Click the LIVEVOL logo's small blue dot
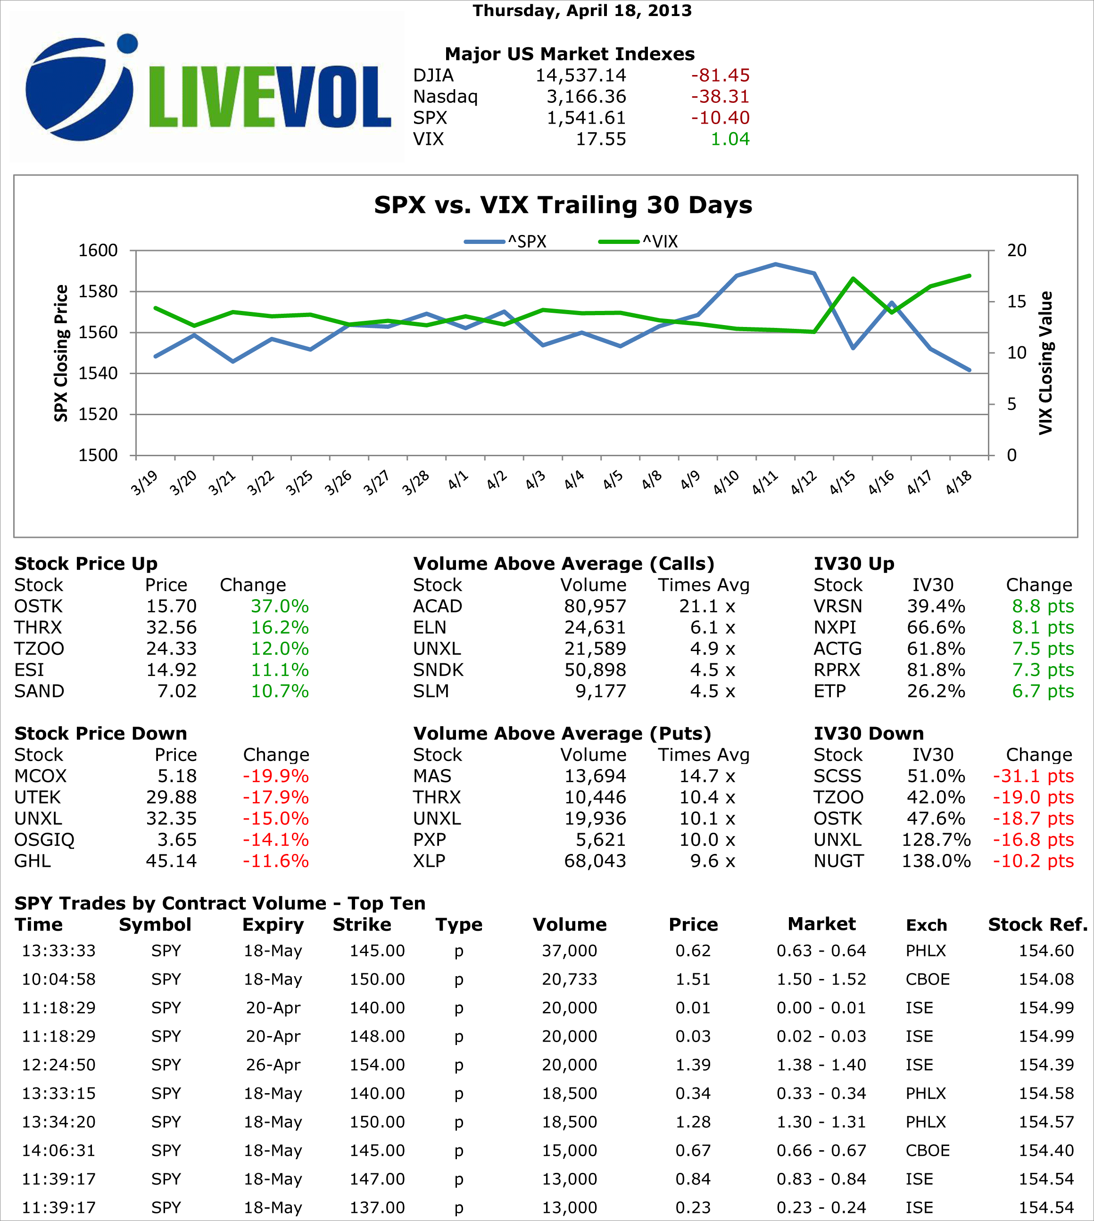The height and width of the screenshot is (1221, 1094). pos(127,43)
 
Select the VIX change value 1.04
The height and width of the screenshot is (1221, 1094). pos(730,139)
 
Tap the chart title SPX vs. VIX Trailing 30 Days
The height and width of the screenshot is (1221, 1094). pos(563,205)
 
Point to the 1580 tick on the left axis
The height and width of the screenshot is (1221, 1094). pos(98,291)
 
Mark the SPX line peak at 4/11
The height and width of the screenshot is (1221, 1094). pos(775,264)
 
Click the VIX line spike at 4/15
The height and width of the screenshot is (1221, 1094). pos(853,278)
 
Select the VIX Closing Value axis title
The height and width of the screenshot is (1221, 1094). pos(1046,363)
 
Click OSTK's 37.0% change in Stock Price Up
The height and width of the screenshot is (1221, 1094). pos(280,606)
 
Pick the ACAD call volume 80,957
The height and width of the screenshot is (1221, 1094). pos(595,606)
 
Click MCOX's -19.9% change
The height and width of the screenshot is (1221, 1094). pos(275,776)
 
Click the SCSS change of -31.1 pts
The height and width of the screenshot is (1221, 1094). pos(1033,776)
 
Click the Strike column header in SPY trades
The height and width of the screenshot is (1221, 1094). pos(362,924)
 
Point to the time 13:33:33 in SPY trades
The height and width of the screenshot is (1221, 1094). pos(59,951)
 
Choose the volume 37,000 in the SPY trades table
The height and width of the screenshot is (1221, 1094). pos(569,951)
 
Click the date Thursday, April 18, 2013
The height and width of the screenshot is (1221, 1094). pos(582,11)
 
